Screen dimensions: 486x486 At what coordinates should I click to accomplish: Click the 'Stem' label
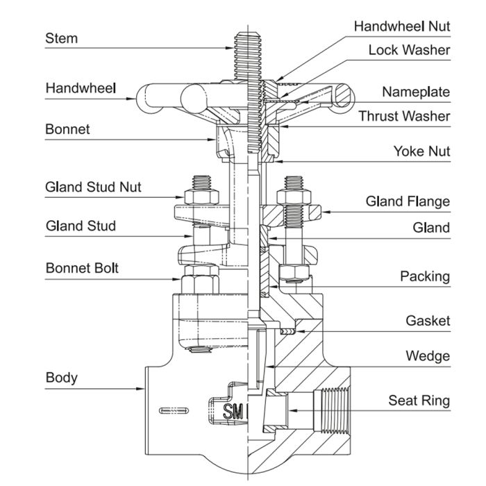click(61, 38)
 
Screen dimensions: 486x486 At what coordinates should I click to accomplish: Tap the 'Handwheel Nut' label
click(402, 26)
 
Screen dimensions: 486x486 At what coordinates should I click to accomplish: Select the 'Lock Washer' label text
click(409, 50)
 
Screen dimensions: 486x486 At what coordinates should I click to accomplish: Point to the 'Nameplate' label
click(416, 92)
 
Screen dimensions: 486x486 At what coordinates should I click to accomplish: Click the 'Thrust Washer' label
click(404, 116)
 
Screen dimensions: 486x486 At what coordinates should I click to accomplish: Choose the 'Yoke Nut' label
click(421, 151)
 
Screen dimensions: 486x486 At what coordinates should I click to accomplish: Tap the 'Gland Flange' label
click(408, 202)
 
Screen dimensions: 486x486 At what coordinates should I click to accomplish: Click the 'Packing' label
click(425, 276)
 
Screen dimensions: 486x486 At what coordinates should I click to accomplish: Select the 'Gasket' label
click(428, 321)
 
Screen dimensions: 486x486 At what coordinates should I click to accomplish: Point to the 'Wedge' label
click(428, 356)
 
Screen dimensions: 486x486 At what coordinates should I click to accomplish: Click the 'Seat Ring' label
click(419, 401)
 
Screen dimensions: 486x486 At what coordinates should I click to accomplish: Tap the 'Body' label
click(61, 378)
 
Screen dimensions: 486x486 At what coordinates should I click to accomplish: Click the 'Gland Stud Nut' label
click(92, 187)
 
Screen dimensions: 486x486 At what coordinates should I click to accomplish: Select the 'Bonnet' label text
click(67, 129)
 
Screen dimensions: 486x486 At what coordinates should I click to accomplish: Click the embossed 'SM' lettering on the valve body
click(231, 412)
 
